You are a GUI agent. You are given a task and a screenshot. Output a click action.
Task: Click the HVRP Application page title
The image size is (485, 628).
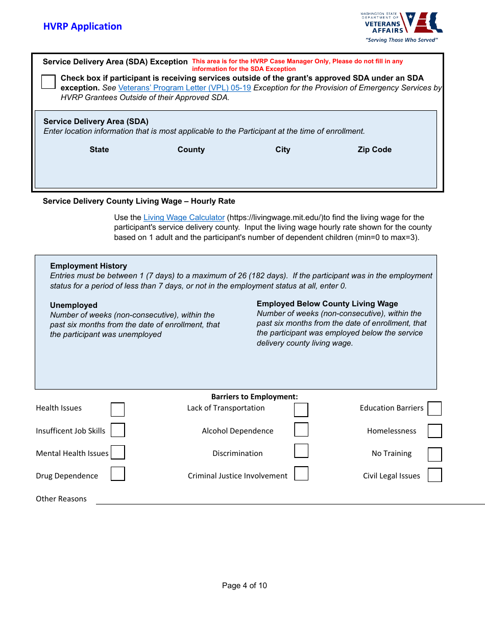[x=82, y=27]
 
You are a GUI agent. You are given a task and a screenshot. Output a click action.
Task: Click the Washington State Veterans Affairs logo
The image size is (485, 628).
[x=401, y=27]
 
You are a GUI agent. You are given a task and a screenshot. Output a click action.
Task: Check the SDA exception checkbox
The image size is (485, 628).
[x=48, y=82]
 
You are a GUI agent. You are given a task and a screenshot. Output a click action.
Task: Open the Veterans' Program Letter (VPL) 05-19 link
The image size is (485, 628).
[x=184, y=88]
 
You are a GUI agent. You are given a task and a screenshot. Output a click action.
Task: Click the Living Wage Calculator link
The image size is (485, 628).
[x=184, y=218]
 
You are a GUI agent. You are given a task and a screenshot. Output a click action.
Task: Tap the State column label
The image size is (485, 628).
[x=99, y=150]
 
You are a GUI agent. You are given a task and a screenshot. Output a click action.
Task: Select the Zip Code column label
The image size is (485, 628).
[x=374, y=150]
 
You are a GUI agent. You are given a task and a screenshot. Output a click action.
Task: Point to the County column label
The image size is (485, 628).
[x=191, y=150]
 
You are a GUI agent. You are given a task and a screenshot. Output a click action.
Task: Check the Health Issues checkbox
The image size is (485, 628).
[x=117, y=409]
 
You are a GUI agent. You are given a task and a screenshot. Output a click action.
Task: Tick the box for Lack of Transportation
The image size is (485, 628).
[x=301, y=410]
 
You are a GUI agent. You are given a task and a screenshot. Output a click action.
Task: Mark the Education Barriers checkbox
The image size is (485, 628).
[x=434, y=409]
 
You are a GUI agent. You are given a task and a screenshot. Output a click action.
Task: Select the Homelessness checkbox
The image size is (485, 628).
[x=434, y=431]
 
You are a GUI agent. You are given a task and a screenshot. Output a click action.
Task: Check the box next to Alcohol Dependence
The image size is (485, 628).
[x=301, y=429]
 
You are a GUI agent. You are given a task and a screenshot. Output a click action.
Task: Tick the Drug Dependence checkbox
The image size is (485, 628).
[x=117, y=474]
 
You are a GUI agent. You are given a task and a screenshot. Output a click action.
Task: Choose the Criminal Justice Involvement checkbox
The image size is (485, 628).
[x=301, y=473]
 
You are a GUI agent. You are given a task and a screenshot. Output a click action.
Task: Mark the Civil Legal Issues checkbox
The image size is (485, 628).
[x=434, y=475]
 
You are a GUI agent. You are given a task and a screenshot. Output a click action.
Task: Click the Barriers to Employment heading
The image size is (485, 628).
[x=254, y=397]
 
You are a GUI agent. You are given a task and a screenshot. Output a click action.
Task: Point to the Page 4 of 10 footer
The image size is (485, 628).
[x=244, y=586]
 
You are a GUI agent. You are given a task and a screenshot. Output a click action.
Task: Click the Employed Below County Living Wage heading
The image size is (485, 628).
[x=327, y=304]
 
